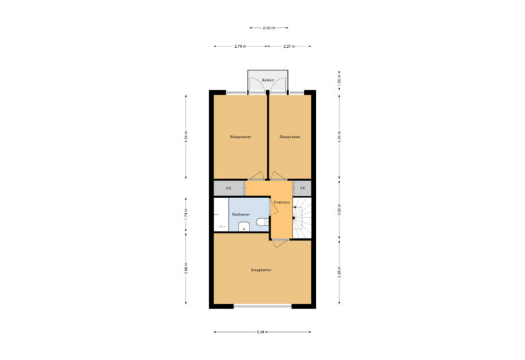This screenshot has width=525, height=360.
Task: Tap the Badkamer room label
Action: click(x=241, y=214)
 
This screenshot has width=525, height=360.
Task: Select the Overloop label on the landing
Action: click(x=281, y=202)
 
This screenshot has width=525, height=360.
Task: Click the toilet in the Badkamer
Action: click(x=261, y=222)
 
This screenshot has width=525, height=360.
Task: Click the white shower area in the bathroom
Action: click(x=219, y=215)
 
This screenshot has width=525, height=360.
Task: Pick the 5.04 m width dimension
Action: click(x=262, y=333)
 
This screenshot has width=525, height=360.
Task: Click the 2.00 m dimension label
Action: click(x=269, y=28)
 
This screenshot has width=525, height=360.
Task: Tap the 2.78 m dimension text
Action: click(x=240, y=46)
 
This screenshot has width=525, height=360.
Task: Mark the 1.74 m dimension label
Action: click(x=185, y=214)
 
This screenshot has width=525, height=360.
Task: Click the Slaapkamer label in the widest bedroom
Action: click(x=261, y=270)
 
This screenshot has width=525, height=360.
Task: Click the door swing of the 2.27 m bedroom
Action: click(x=276, y=175)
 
